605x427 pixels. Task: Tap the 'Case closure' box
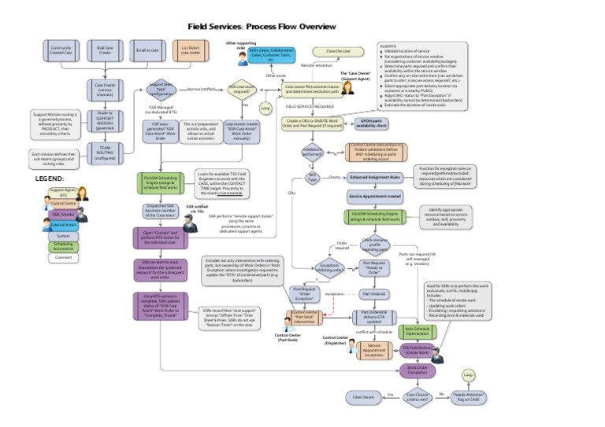point(363,397)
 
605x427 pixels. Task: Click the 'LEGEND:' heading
point(50,179)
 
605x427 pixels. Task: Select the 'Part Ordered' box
point(375,293)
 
